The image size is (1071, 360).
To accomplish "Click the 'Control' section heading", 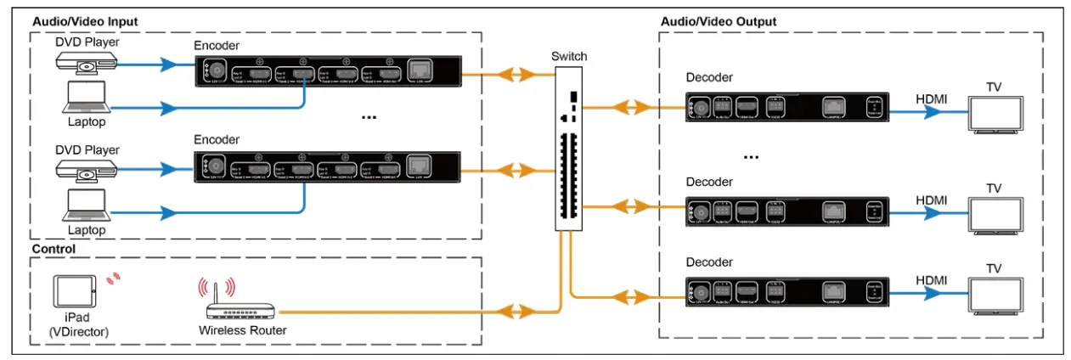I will pos(54,250).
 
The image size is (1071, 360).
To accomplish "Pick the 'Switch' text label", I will pos(568,56).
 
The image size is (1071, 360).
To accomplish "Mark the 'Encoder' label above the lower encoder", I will pos(217,139).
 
